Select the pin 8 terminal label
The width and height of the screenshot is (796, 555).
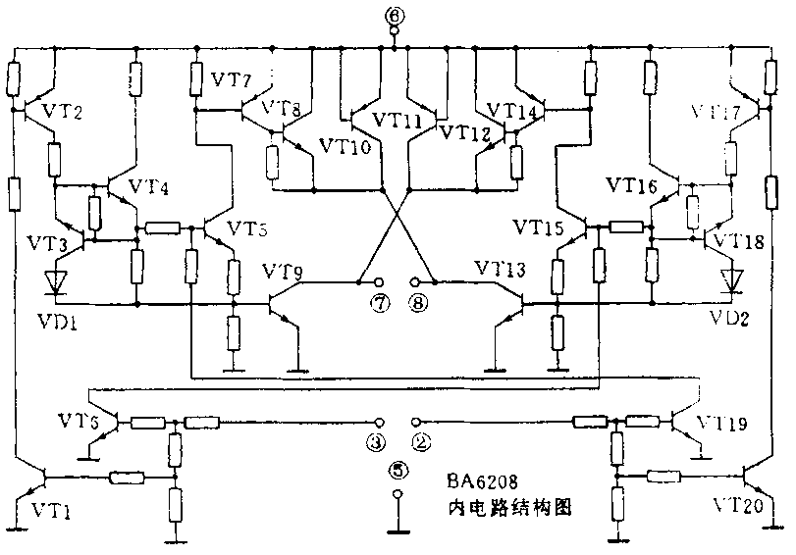point(418,303)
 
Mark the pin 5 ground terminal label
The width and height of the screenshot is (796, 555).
point(397,470)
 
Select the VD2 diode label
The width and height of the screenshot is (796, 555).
point(730,319)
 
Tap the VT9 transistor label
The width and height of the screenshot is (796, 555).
point(285,270)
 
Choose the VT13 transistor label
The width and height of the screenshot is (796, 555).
point(500,270)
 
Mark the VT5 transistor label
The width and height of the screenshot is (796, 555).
point(246,229)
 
